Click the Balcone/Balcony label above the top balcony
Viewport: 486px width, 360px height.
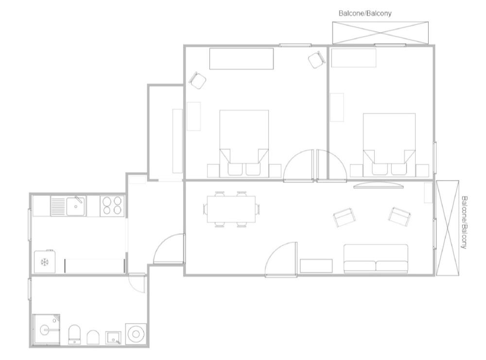click(365, 13)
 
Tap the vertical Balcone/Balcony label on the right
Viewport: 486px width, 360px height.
click(464, 222)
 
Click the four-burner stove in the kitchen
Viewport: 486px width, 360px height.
click(113, 205)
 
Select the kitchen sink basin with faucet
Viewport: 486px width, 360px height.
click(76, 205)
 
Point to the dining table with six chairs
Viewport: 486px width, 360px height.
click(231, 209)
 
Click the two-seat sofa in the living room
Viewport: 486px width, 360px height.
click(376, 259)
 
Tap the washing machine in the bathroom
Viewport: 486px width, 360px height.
click(136, 334)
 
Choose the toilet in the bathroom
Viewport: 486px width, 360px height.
click(74, 335)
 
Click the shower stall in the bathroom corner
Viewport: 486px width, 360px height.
click(46, 329)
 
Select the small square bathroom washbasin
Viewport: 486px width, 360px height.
click(113, 338)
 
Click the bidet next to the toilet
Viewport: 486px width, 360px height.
click(93, 337)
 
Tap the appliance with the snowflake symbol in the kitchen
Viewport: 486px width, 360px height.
click(45, 262)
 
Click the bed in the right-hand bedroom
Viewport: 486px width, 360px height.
click(389, 145)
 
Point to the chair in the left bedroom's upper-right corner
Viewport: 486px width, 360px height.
click(316, 59)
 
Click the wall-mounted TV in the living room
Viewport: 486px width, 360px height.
click(379, 185)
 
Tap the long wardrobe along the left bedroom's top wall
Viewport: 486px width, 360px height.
click(242, 59)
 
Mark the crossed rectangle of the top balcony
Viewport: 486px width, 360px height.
click(381, 33)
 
